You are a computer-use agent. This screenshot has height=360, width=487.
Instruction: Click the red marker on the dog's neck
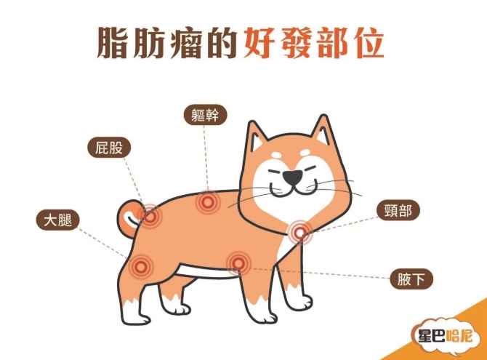[x=300, y=232]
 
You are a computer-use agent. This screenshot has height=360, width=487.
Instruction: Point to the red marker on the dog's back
[x=208, y=201]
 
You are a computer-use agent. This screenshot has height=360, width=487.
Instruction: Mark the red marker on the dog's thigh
[x=140, y=265]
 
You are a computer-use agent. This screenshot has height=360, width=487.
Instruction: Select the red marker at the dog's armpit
[x=237, y=262]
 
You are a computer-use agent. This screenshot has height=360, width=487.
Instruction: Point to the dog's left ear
[x=256, y=137]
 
